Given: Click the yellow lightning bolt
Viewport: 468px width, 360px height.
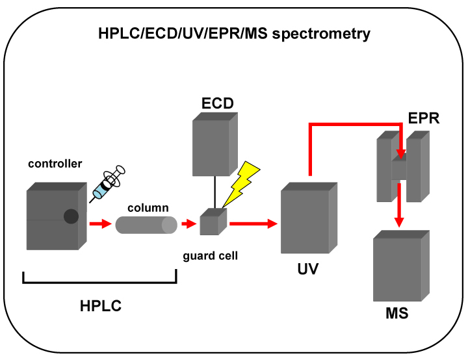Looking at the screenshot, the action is [x=240, y=185].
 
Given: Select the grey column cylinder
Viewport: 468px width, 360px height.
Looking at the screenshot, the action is [x=146, y=225].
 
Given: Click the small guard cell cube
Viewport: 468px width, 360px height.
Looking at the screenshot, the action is [x=213, y=222].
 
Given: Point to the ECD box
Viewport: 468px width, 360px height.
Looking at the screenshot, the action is [x=215, y=144].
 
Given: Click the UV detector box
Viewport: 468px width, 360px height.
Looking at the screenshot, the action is [x=309, y=218].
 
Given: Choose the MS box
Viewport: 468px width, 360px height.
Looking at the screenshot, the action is [x=401, y=266].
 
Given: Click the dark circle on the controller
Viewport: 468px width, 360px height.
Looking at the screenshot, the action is [x=71, y=216].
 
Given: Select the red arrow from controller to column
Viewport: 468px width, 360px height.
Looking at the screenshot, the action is [x=100, y=224].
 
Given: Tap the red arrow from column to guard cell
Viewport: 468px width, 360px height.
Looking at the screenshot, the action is [x=189, y=224].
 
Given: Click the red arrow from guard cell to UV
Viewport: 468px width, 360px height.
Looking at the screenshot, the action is [x=253, y=224].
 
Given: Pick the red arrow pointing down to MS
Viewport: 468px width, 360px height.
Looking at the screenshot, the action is [x=399, y=205].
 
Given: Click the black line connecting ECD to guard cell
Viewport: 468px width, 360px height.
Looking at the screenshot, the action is [x=214, y=192].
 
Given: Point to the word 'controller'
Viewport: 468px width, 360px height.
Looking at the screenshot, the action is [x=55, y=164].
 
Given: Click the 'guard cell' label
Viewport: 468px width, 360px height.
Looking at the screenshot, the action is [x=210, y=256].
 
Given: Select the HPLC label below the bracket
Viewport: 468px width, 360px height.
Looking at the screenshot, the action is [x=101, y=306].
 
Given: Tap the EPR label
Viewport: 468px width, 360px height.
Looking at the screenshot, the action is [x=424, y=118].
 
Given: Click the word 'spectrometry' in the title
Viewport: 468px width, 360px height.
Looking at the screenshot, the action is [x=321, y=34].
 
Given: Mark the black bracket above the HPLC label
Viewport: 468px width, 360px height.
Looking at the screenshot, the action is [x=99, y=281].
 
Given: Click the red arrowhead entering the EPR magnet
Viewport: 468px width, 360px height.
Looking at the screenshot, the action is [x=401, y=154].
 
